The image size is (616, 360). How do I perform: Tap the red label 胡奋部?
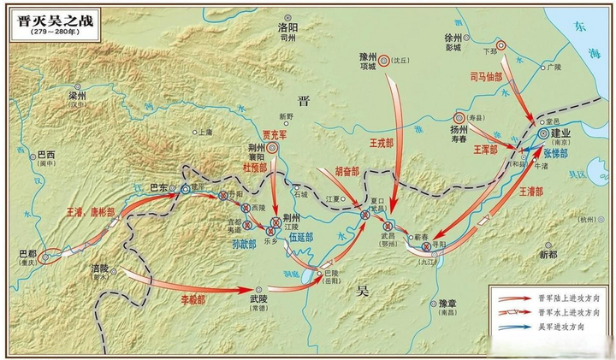pyautogui.click(x=346, y=170)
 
